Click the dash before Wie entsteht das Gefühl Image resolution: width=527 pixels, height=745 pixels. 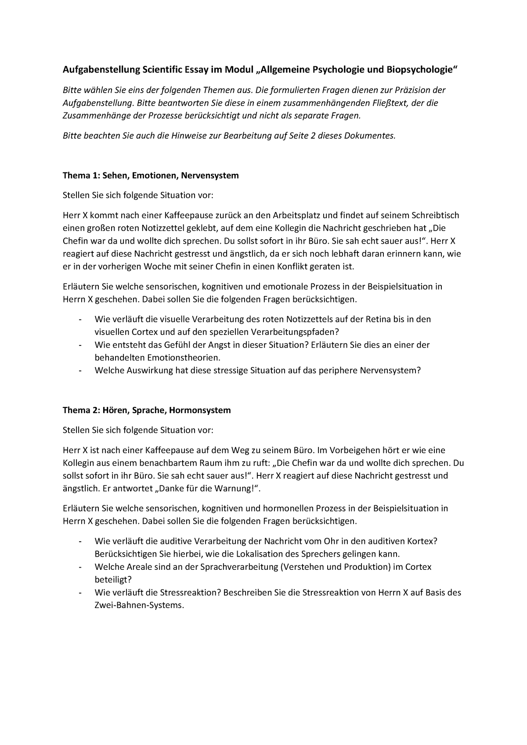(x=80, y=345)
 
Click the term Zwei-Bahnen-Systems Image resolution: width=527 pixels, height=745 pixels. (x=137, y=605)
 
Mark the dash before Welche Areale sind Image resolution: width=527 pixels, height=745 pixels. (x=80, y=567)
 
